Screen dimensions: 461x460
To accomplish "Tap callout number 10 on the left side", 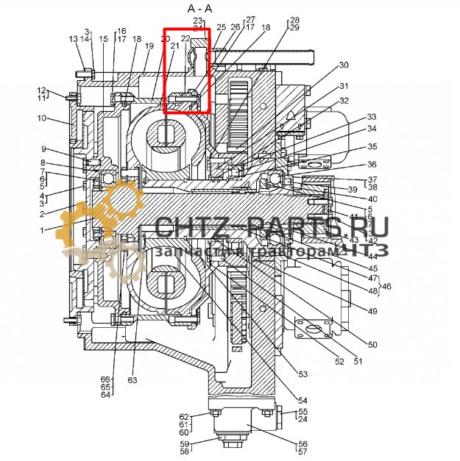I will (42, 118).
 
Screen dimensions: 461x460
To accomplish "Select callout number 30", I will (344, 65).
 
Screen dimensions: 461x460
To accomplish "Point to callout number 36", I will (372, 164).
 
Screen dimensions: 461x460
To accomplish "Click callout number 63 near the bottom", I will (132, 380).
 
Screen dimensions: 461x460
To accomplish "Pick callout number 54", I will (302, 399).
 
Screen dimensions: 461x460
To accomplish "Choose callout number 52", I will (339, 361).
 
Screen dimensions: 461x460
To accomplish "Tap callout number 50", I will (372, 344).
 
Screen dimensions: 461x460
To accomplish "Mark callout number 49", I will (372, 311).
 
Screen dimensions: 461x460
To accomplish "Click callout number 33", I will (372, 117).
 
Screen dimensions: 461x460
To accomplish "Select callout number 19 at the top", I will (149, 46).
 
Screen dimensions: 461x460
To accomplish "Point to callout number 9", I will (44, 149).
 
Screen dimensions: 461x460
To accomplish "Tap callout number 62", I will (185, 417).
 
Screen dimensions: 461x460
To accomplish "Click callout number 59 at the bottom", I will (185, 443).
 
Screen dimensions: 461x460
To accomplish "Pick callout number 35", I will (372, 147).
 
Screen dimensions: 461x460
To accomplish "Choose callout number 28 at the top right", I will (294, 20).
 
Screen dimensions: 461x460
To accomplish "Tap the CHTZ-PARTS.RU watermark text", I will (272, 228).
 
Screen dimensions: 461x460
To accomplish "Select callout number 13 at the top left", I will (74, 39).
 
